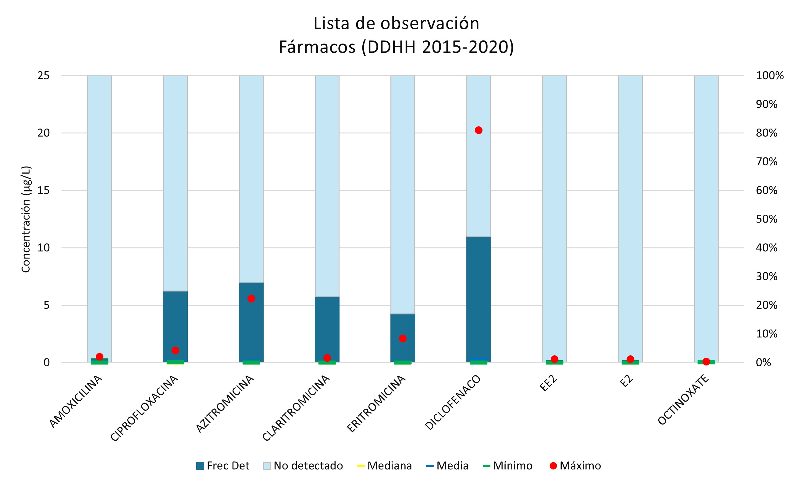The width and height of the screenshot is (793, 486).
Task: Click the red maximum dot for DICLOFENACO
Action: click(x=478, y=130)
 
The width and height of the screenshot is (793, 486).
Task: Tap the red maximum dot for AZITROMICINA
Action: click(x=251, y=298)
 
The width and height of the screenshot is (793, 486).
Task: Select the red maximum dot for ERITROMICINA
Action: click(x=403, y=338)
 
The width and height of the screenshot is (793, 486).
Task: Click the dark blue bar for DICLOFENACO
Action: click(x=478, y=299)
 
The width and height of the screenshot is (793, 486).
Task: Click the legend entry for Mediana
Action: click(x=384, y=466)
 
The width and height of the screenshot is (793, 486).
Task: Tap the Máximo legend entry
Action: click(x=575, y=466)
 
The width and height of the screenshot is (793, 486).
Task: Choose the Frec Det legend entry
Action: click(x=223, y=466)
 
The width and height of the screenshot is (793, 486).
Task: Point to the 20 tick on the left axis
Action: click(x=44, y=133)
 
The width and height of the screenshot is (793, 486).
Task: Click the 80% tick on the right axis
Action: click(x=766, y=133)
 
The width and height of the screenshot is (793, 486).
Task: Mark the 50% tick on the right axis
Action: click(x=766, y=219)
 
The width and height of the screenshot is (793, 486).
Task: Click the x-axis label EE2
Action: click(x=548, y=383)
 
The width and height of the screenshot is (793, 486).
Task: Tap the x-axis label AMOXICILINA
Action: click(x=76, y=402)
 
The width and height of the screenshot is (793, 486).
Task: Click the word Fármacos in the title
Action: click(x=317, y=47)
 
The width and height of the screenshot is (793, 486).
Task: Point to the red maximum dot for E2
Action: click(x=630, y=359)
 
